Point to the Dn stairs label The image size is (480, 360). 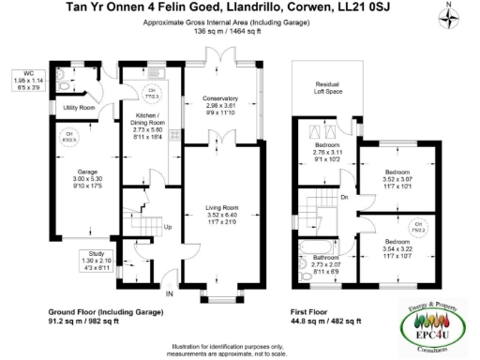click(345, 196)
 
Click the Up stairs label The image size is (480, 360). click(168, 226)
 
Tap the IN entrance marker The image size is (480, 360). click(169, 268)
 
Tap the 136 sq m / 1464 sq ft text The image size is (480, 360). click(240, 30)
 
